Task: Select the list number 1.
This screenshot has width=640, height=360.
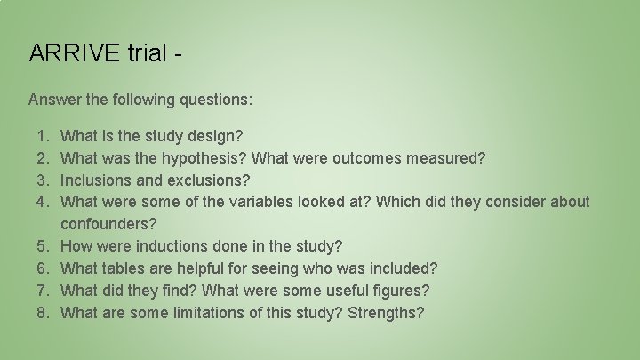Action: point(43,136)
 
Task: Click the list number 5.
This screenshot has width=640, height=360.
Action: point(43,246)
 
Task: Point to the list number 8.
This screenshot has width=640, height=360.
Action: point(43,313)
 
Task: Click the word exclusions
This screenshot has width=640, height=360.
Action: point(208,180)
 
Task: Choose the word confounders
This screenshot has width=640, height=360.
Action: point(108,224)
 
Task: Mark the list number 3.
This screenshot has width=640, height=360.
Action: point(43,180)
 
